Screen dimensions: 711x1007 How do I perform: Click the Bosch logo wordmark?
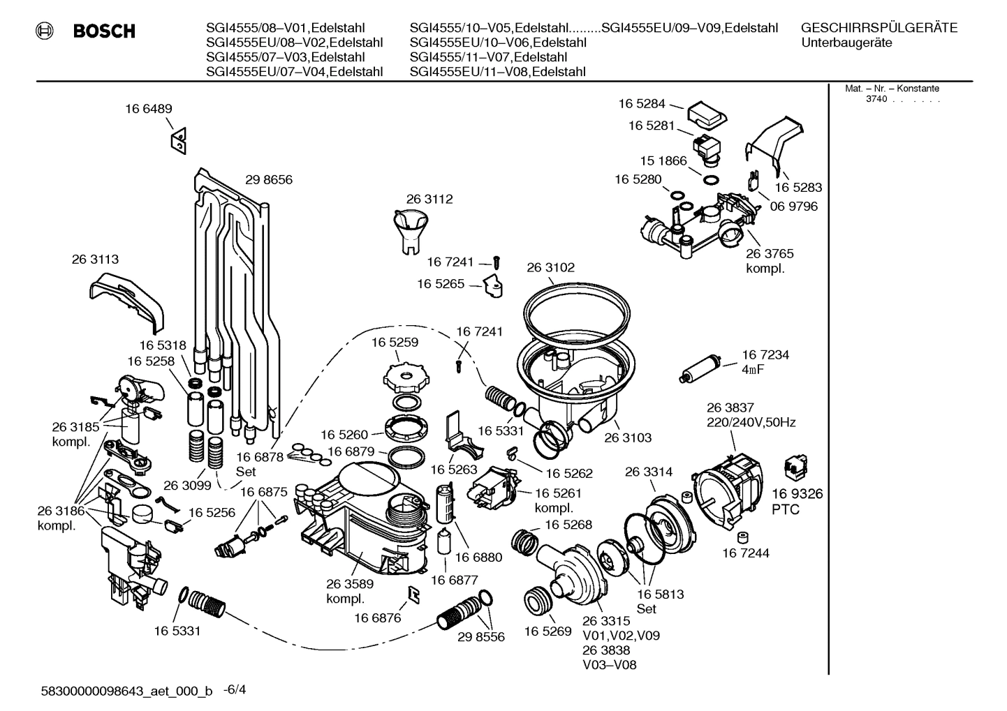pyautogui.click(x=103, y=31)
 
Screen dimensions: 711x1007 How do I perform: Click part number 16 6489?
pyautogui.click(x=149, y=109)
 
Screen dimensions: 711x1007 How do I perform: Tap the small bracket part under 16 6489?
pyautogui.click(x=178, y=142)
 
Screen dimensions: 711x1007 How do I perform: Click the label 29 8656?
pyautogui.click(x=269, y=180)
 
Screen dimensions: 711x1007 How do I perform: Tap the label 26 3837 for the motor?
pyautogui.click(x=730, y=407)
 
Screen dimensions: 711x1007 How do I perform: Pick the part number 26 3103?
pyautogui.click(x=627, y=437)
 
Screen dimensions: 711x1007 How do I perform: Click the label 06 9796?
pyautogui.click(x=793, y=207)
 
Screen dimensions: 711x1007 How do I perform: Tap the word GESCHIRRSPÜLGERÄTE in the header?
pyautogui.click(x=879, y=29)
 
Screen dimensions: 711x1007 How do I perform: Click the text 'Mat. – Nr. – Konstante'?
pyautogui.click(x=892, y=89)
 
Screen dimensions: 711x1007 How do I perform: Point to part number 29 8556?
pyautogui.click(x=480, y=637)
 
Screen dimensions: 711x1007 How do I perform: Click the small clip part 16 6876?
pyautogui.click(x=413, y=594)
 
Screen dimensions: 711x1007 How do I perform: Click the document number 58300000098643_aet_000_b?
pyautogui.click(x=126, y=691)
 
